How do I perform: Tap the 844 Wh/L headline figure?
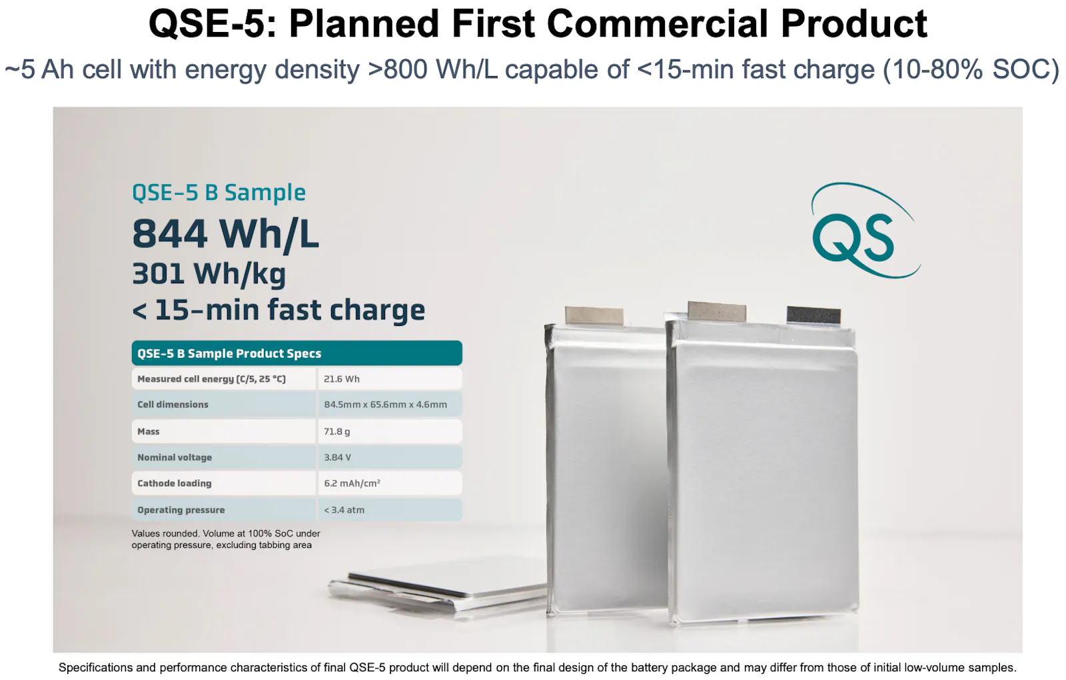[225, 234]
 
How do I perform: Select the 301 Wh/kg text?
[209, 275]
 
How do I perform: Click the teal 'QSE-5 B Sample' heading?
[219, 193]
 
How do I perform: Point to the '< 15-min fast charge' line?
[278, 310]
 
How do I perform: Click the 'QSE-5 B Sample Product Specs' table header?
[296, 353]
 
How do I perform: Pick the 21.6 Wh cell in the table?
[342, 379]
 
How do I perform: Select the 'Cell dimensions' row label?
[173, 404]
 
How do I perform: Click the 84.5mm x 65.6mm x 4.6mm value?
[386, 405]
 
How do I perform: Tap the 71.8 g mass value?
[337, 431]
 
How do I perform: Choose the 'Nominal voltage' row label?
[175, 457]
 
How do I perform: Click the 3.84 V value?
[337, 457]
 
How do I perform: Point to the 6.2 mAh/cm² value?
[352, 483]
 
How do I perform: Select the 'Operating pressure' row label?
[181, 510]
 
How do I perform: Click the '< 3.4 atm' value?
[344, 510]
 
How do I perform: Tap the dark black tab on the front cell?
[813, 316]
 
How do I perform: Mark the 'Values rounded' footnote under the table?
[226, 539]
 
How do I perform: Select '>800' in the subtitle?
[398, 69]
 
